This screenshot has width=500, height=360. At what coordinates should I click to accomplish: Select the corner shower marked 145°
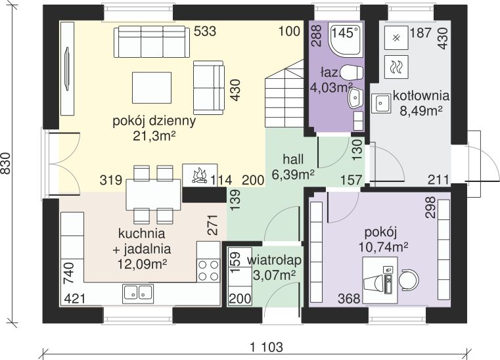(x=346, y=39)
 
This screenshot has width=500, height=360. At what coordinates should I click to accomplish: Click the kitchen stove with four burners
(x=208, y=270)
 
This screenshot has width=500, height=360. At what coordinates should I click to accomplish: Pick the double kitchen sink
(x=138, y=294)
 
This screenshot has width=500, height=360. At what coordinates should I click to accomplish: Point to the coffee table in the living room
(x=152, y=87)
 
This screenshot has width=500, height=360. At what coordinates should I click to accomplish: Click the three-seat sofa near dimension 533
(x=151, y=42)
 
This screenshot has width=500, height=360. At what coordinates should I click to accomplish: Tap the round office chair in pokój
(x=409, y=280)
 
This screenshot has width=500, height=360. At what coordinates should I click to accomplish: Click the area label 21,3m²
(x=154, y=136)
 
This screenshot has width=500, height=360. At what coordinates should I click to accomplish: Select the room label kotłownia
(x=421, y=96)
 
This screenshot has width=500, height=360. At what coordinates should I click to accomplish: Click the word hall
(x=293, y=159)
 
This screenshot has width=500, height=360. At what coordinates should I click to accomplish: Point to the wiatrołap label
(x=275, y=261)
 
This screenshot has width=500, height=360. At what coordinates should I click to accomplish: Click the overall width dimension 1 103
(x=267, y=347)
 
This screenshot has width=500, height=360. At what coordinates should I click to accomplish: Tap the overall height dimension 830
(x=6, y=164)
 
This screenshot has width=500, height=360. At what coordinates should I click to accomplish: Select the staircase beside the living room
(x=284, y=93)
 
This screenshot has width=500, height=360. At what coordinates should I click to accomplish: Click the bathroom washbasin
(x=355, y=98)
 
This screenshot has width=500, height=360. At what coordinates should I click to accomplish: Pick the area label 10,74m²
(x=384, y=247)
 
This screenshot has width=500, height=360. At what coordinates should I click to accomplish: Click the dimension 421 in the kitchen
(x=75, y=299)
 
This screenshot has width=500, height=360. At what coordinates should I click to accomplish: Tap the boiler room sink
(x=380, y=103)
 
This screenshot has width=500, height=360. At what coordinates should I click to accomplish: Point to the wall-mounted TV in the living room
(x=67, y=69)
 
